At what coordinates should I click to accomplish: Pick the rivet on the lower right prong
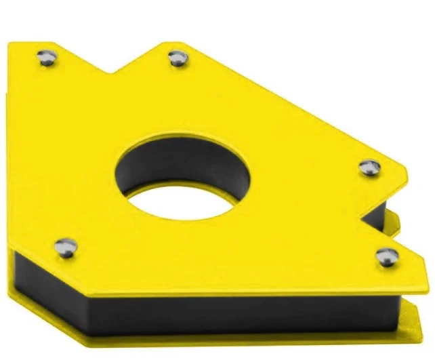[387, 256]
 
